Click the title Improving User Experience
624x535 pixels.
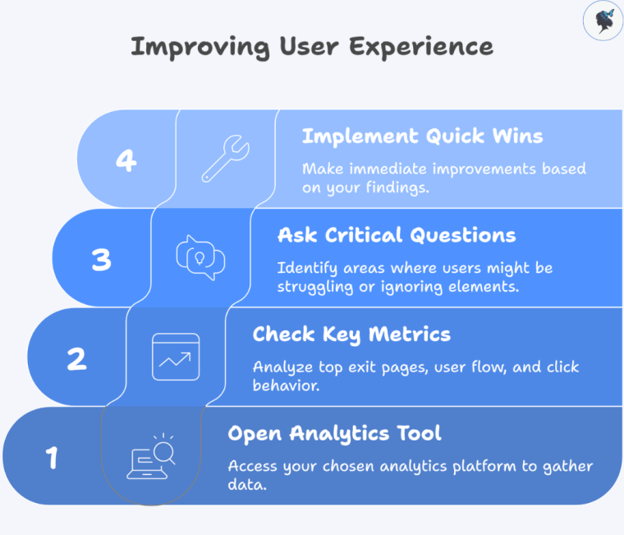[x=312, y=46]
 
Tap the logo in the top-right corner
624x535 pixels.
[x=603, y=21]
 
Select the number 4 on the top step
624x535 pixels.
[x=126, y=159]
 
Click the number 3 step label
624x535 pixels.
[x=101, y=260]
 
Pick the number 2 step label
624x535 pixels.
[x=76, y=358]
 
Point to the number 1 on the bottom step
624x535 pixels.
[x=52, y=458]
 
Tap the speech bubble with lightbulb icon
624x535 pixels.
[x=200, y=258]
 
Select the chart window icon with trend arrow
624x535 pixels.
[x=176, y=357]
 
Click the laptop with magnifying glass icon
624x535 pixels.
[x=151, y=457]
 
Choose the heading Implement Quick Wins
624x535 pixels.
[x=422, y=136]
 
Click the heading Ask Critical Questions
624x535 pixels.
[x=397, y=235]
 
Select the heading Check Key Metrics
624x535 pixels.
[x=351, y=334]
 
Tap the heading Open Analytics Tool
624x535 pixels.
[x=334, y=433]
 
